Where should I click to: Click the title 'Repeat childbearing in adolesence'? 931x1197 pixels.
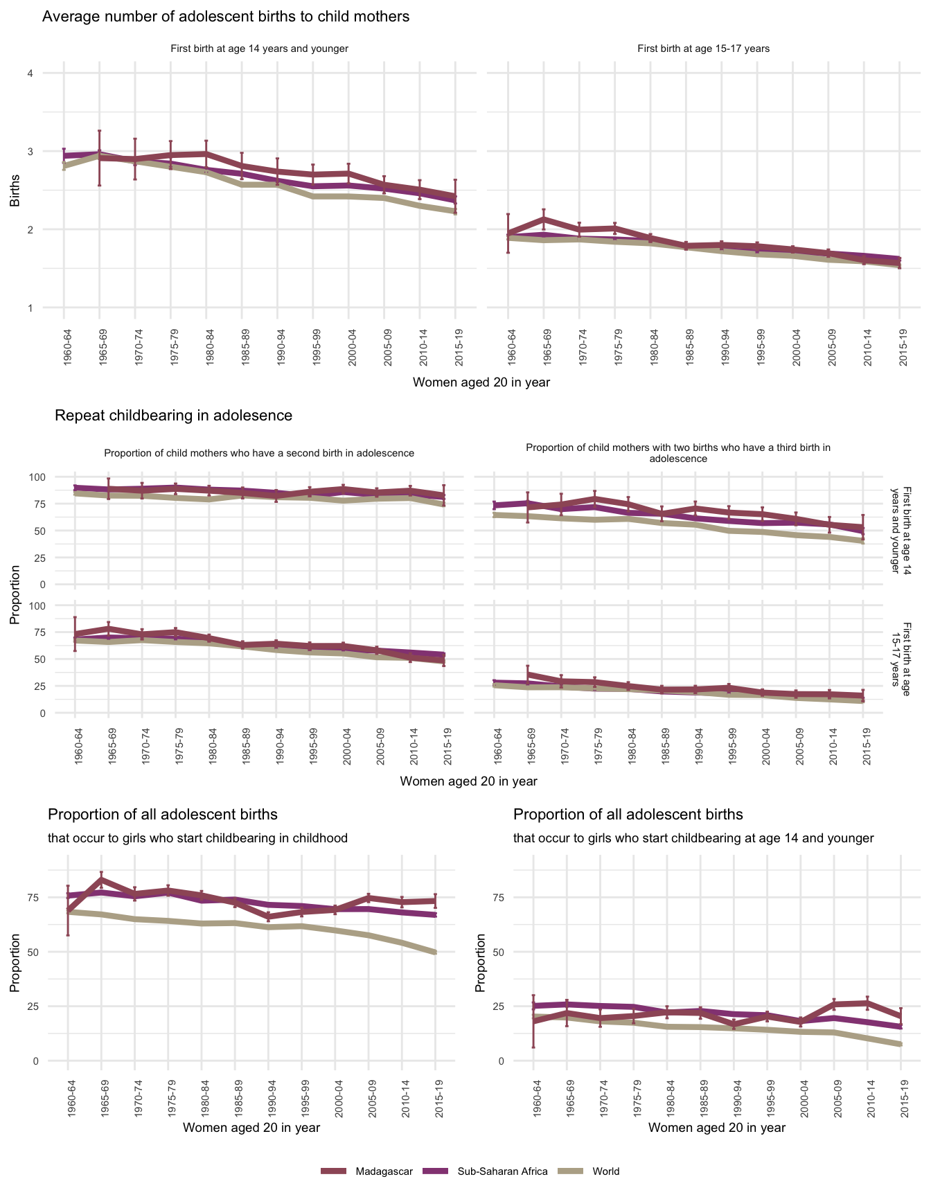(x=173, y=416)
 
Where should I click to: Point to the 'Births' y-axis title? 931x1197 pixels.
(x=15, y=190)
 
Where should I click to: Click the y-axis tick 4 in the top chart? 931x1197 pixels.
(x=30, y=73)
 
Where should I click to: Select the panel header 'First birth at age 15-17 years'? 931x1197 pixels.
(x=703, y=49)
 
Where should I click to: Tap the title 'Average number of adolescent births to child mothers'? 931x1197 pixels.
(x=226, y=17)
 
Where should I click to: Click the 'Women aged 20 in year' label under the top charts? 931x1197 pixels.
(x=481, y=382)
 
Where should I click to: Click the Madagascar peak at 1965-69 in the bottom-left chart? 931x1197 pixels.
(x=101, y=879)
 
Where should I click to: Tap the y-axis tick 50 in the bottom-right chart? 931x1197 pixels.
(x=496, y=952)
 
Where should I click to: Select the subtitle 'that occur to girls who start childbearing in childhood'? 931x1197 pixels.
(x=197, y=838)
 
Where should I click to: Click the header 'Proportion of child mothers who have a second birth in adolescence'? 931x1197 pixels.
(x=259, y=454)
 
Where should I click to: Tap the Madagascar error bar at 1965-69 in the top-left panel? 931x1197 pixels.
(x=100, y=158)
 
